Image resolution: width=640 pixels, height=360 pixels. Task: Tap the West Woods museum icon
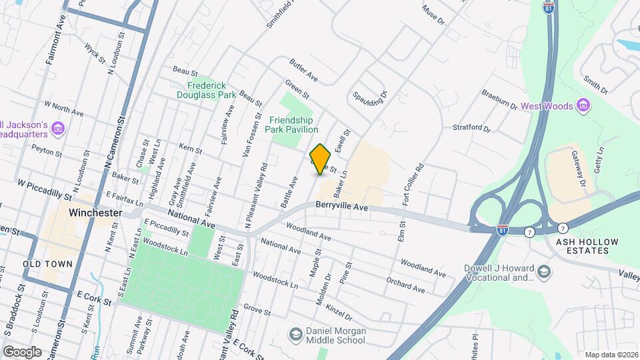[x=584, y=105]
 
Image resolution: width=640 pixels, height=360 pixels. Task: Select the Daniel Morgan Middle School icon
[x=294, y=333]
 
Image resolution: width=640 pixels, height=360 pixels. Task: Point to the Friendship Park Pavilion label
[x=293, y=124]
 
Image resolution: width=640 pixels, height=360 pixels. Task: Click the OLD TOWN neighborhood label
[x=47, y=264]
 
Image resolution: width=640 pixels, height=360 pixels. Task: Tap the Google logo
[x=21, y=351]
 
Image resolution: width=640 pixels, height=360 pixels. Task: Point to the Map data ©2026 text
[x=611, y=355]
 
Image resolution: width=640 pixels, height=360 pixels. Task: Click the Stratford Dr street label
[x=471, y=127]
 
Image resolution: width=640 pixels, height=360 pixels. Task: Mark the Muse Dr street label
[x=433, y=15]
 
